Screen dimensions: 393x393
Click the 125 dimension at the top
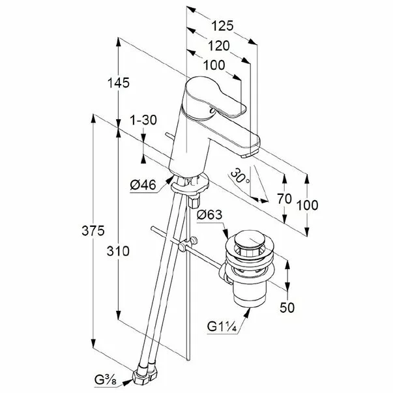tap(222, 26)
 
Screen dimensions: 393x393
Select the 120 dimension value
tap(219, 46)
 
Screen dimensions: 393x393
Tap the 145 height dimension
tap(119, 83)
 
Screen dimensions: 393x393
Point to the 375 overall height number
tap(93, 231)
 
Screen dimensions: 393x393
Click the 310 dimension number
tap(118, 251)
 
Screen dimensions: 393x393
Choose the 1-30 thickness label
tap(143, 120)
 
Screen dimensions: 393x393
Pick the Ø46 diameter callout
tap(143, 185)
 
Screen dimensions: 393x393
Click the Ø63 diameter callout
tap(209, 215)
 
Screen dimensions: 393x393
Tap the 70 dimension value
tap(284, 199)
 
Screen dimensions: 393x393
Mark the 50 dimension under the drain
tap(287, 308)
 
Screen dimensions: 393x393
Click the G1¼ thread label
tap(222, 327)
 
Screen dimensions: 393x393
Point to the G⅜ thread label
tap(106, 380)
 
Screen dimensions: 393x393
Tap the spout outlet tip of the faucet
tap(248, 154)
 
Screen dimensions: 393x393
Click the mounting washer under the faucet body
tap(190, 184)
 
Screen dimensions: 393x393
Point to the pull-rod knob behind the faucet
tap(169, 136)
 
